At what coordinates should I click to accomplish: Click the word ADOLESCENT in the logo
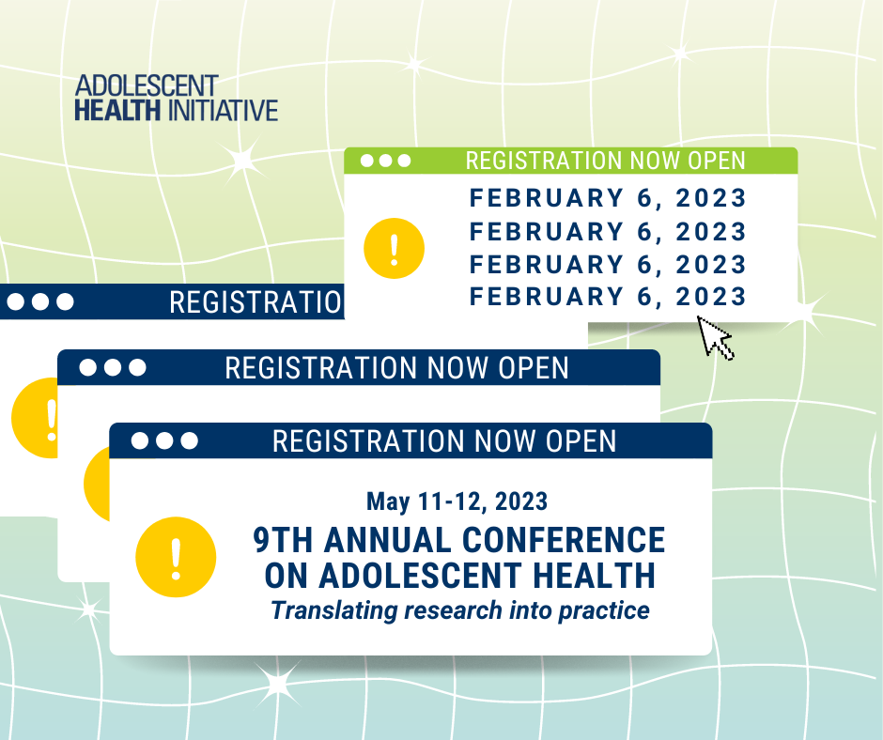coord(147,86)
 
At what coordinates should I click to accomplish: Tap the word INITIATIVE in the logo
coord(223,111)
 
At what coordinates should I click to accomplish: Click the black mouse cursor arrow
coord(715,337)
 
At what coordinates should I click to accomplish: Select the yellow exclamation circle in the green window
coord(394,248)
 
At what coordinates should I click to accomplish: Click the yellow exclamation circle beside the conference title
coord(176,557)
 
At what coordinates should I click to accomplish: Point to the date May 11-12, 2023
coord(457,501)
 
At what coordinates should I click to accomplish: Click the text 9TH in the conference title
coord(283,540)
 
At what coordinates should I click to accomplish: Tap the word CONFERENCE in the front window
coord(564,540)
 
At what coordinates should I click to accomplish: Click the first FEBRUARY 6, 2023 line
coord(608,198)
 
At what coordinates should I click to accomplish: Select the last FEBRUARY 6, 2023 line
coord(608,297)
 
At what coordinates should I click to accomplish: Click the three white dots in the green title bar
coord(386,162)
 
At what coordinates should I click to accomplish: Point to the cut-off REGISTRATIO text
coord(256,302)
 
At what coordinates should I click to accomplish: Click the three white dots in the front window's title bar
coord(164,440)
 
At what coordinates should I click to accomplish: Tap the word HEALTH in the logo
coord(117,111)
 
